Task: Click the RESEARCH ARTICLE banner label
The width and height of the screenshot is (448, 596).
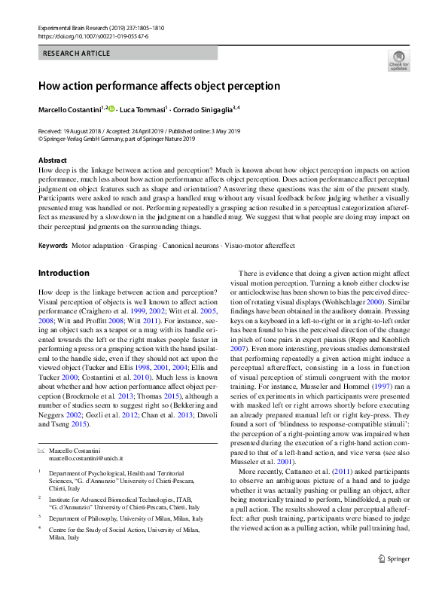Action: pyautogui.click(x=77, y=53)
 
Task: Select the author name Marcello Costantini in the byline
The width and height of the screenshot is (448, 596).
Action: pyautogui.click(x=72, y=110)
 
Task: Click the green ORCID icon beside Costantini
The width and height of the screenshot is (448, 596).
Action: pyautogui.click(x=112, y=110)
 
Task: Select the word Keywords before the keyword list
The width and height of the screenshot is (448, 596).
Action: pyautogui.click(x=53, y=246)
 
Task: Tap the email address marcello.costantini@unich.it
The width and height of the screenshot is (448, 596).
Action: pyautogui.click(x=87, y=458)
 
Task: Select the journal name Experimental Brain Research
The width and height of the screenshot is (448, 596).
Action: pyautogui.click(x=76, y=28)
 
